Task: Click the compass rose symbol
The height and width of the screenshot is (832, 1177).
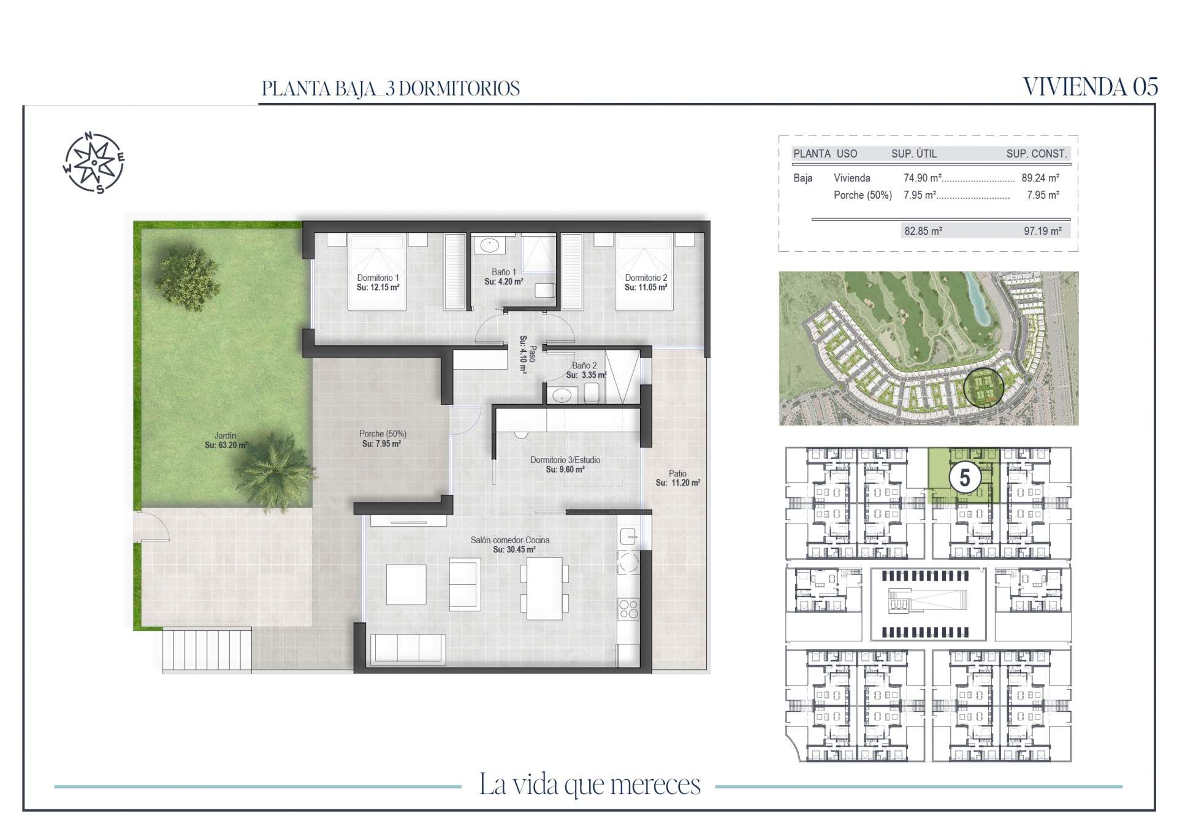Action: [94, 162]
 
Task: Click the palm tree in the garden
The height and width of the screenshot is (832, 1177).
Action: [274, 470]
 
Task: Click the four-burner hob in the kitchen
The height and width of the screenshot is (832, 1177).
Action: [628, 609]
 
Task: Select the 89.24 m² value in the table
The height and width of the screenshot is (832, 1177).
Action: [1040, 178]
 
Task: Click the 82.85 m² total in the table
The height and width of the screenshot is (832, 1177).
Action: [923, 231]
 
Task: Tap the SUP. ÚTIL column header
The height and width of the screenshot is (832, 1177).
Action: [914, 154]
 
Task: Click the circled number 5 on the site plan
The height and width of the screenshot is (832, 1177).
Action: [965, 478]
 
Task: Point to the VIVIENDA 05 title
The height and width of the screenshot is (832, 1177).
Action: [1091, 87]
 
